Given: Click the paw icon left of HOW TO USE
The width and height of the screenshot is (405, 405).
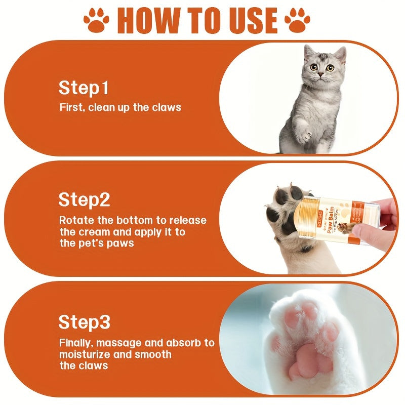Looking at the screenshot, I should [x=96, y=21].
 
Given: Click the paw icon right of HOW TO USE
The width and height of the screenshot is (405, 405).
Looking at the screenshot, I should [x=297, y=21].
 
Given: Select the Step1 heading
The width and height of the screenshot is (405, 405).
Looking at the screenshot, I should [x=84, y=88].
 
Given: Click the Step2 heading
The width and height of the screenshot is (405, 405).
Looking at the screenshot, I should [x=84, y=199].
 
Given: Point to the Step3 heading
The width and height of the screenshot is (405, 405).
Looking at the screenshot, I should [x=84, y=322].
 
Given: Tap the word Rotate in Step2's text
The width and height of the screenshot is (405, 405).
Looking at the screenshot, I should [x=74, y=220].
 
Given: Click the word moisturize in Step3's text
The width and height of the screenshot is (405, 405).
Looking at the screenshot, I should [x=86, y=354].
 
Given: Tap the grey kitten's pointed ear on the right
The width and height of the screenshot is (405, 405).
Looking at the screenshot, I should [x=341, y=54].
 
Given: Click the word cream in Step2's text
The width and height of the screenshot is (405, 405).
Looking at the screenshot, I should [x=93, y=232].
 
